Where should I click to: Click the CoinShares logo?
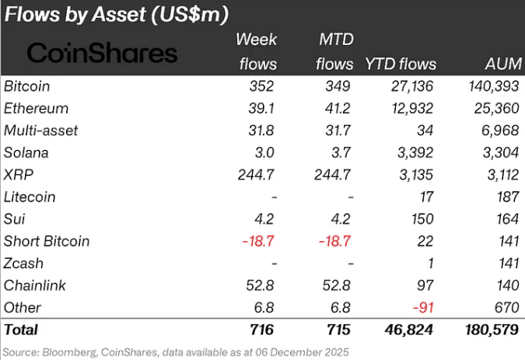tap(102, 53)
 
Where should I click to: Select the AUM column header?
tap(503, 64)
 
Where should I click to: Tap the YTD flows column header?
tap(401, 64)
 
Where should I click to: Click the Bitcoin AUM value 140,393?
tap(494, 86)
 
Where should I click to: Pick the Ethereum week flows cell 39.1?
tap(261, 108)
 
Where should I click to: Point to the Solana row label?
tap(26, 152)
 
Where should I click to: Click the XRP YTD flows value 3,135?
tap(416, 175)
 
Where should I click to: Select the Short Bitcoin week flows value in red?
tap(258, 241)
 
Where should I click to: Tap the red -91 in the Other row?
tap(423, 307)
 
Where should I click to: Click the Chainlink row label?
tap(35, 285)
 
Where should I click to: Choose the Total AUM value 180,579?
tap(492, 330)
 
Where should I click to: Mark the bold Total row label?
tap(21, 330)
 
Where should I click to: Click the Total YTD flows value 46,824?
tap(409, 330)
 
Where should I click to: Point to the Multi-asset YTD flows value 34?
tap(425, 131)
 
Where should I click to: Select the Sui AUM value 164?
tap(508, 218)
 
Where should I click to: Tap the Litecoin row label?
tap(30, 197)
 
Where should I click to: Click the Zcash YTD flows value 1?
tap(430, 264)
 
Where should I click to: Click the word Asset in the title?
tap(119, 15)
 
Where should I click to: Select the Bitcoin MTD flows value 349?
tap(338, 86)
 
